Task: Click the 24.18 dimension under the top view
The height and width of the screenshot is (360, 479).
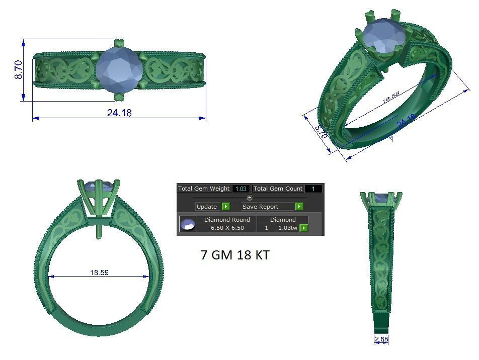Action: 119,113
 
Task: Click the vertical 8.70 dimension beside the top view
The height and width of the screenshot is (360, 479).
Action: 19,69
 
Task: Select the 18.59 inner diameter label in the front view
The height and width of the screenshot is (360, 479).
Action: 99,273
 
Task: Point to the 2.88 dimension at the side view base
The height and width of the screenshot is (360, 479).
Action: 381,339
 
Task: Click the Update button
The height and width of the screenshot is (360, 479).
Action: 207,207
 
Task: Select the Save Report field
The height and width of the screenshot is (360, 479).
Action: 267,207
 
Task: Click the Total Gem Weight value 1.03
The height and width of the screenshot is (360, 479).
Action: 241,189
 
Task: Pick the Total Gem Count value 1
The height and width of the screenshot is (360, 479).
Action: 313,189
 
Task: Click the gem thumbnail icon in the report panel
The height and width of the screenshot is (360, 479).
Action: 188,224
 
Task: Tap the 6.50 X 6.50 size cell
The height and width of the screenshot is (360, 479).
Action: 227,228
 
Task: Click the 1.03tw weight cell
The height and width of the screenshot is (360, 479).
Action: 287,228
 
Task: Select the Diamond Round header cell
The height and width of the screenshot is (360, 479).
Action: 227,220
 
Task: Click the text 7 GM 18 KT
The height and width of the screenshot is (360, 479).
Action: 235,255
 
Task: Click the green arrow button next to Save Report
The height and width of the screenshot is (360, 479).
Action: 299,207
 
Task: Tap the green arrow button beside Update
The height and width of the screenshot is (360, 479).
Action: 225,207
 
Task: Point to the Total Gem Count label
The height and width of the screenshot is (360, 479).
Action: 278,189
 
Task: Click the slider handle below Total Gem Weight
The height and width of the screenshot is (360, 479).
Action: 250,198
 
